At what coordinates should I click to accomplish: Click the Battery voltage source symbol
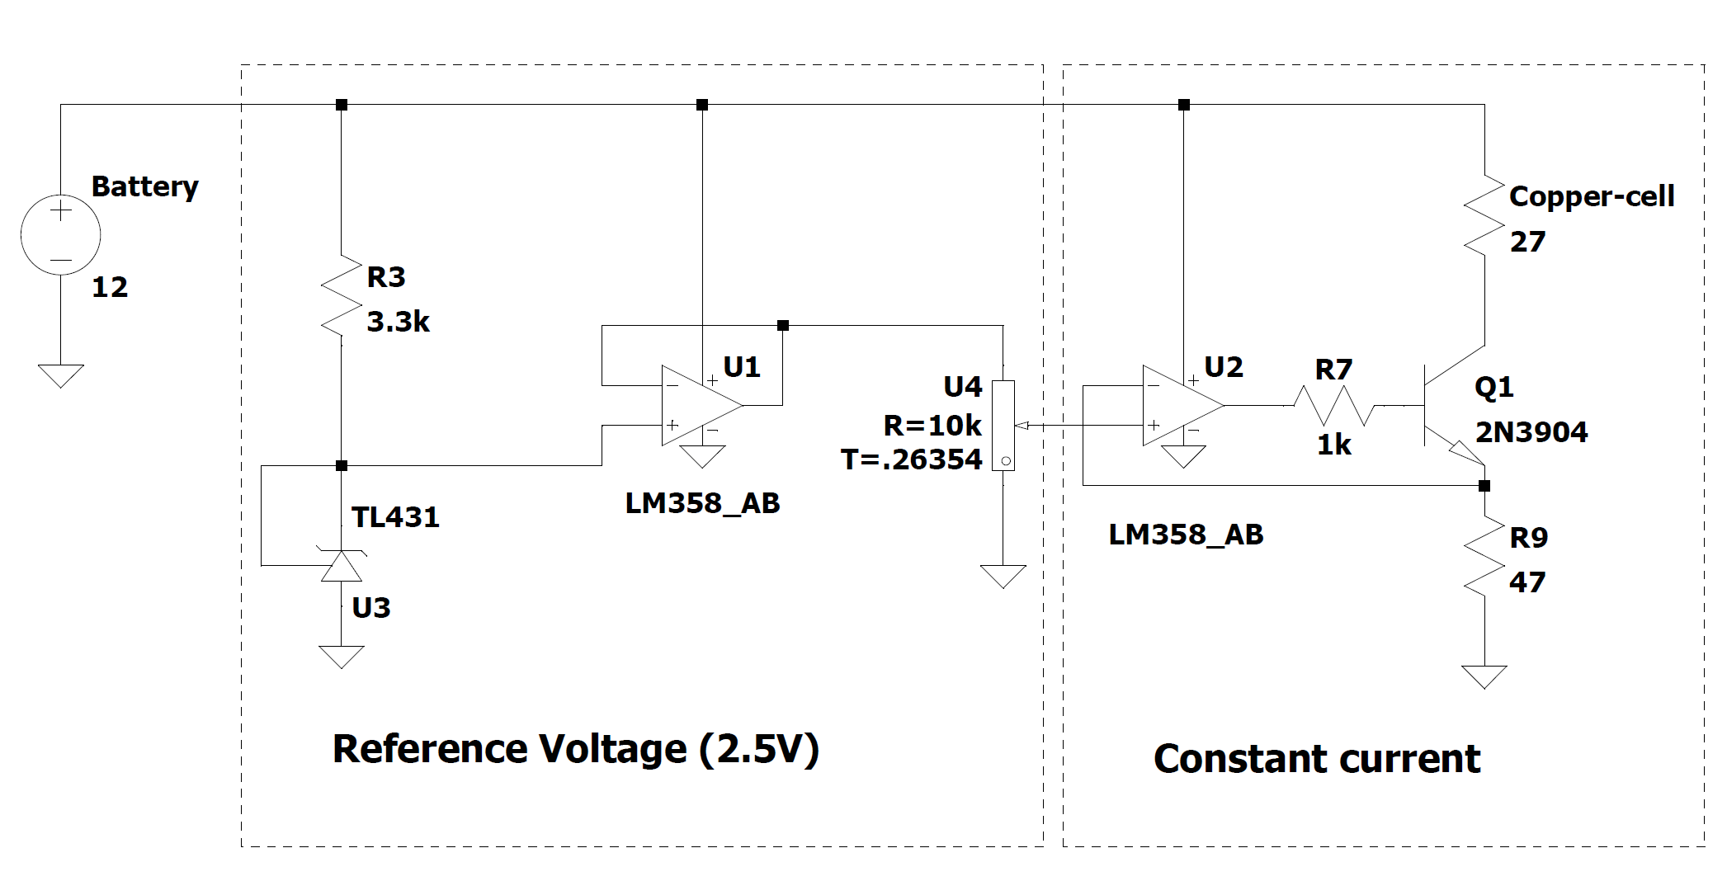(60, 235)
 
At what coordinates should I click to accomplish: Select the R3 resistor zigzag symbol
(342, 296)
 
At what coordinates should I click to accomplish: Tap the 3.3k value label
(398, 322)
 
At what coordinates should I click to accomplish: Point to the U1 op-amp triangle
(701, 405)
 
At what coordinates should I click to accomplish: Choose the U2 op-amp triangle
(1182, 405)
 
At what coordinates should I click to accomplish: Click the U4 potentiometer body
(1003, 426)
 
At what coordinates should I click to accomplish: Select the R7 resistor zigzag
(1333, 405)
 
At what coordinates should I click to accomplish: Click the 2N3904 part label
(1531, 432)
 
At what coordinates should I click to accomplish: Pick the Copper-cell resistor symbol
(1484, 216)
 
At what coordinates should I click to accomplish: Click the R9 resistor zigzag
(1484, 557)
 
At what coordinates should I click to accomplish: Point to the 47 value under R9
(1526, 582)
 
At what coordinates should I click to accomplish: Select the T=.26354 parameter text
(911, 459)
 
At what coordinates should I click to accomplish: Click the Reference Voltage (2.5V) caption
(575, 749)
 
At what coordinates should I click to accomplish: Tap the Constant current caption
(1316, 759)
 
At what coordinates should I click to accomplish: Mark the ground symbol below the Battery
(60, 375)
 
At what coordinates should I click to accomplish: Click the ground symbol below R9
(1484, 676)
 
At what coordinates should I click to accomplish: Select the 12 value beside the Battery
(110, 287)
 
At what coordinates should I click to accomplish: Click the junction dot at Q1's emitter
(1484, 486)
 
